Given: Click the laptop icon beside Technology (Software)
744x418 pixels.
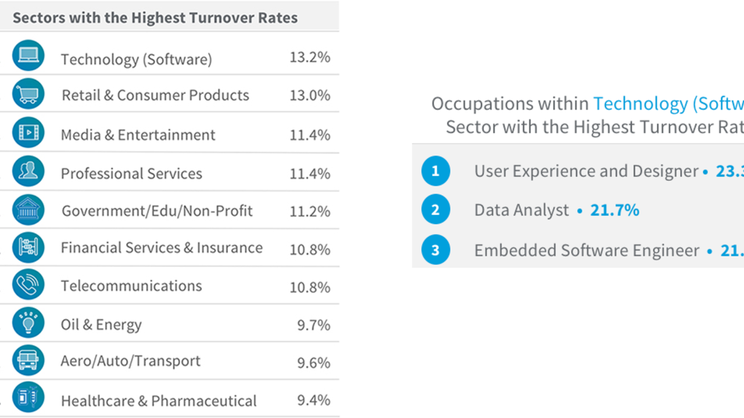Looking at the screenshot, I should pyautogui.click(x=28, y=56).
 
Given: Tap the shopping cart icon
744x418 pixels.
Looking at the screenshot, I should pyautogui.click(x=28, y=94).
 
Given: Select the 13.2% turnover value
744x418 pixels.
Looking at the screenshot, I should pyautogui.click(x=310, y=57).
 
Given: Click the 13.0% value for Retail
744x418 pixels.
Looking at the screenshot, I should pyautogui.click(x=310, y=95).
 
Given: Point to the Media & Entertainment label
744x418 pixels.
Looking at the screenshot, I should pyautogui.click(x=138, y=135).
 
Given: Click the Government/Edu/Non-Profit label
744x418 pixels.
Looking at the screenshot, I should pyautogui.click(x=157, y=211).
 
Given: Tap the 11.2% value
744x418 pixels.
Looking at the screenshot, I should pyautogui.click(x=310, y=211).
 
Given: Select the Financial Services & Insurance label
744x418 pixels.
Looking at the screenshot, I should pyautogui.click(x=162, y=248).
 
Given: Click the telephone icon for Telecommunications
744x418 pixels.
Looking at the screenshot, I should pyautogui.click(x=28, y=284).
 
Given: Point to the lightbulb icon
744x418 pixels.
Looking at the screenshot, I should pyautogui.click(x=28, y=322).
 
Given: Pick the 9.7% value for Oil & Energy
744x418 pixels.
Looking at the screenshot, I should pyautogui.click(x=314, y=325).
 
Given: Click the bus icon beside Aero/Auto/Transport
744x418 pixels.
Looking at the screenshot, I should pyautogui.click(x=28, y=361).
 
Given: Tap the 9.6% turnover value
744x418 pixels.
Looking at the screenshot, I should pyautogui.click(x=314, y=362).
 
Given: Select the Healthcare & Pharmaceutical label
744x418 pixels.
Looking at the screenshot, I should pyautogui.click(x=159, y=401).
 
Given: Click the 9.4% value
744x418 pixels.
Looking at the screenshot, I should pyautogui.click(x=314, y=400).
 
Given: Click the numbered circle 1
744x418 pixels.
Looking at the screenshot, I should pyautogui.click(x=436, y=171).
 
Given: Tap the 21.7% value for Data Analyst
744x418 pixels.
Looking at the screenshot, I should pyautogui.click(x=614, y=210).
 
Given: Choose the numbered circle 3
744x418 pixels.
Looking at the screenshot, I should pyautogui.click(x=436, y=250).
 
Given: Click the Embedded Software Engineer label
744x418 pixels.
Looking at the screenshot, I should pyautogui.click(x=586, y=250).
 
